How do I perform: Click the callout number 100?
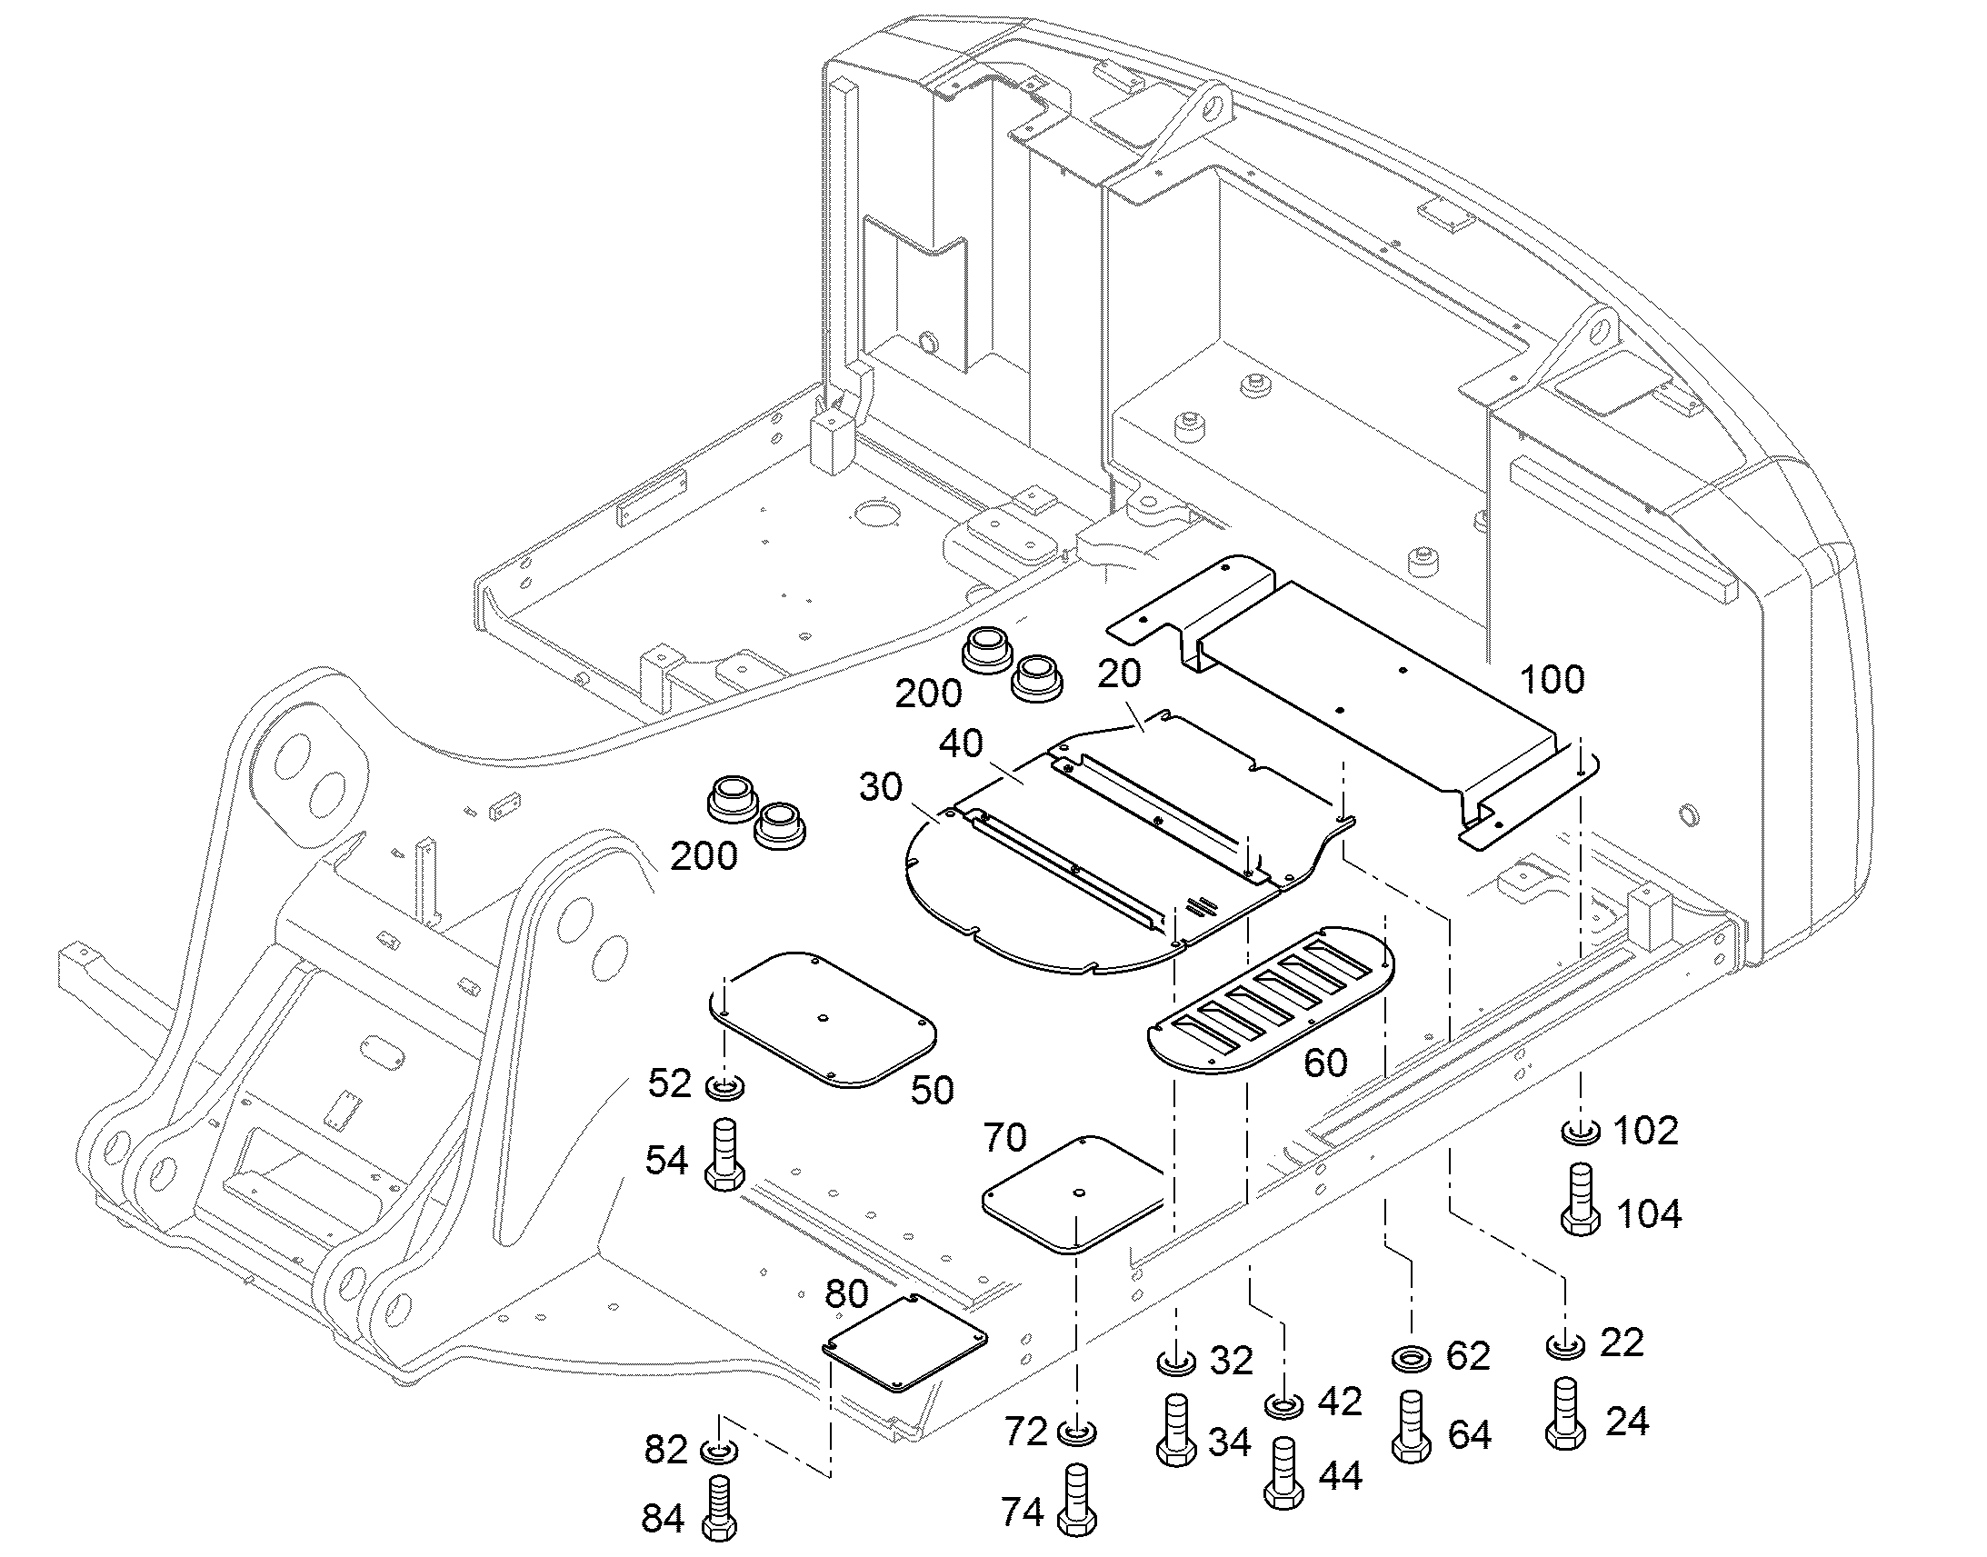pos(1553,680)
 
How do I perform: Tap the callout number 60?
pos(1325,1063)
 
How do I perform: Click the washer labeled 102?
pos(1581,1133)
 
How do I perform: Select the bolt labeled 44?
pos(1283,1473)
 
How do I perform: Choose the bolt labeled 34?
pos(1176,1431)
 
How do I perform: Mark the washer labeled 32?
pos(1176,1363)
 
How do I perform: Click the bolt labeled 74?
pos(1077,1502)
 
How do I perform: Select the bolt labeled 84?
pos(720,1508)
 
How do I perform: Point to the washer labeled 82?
pos(720,1450)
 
